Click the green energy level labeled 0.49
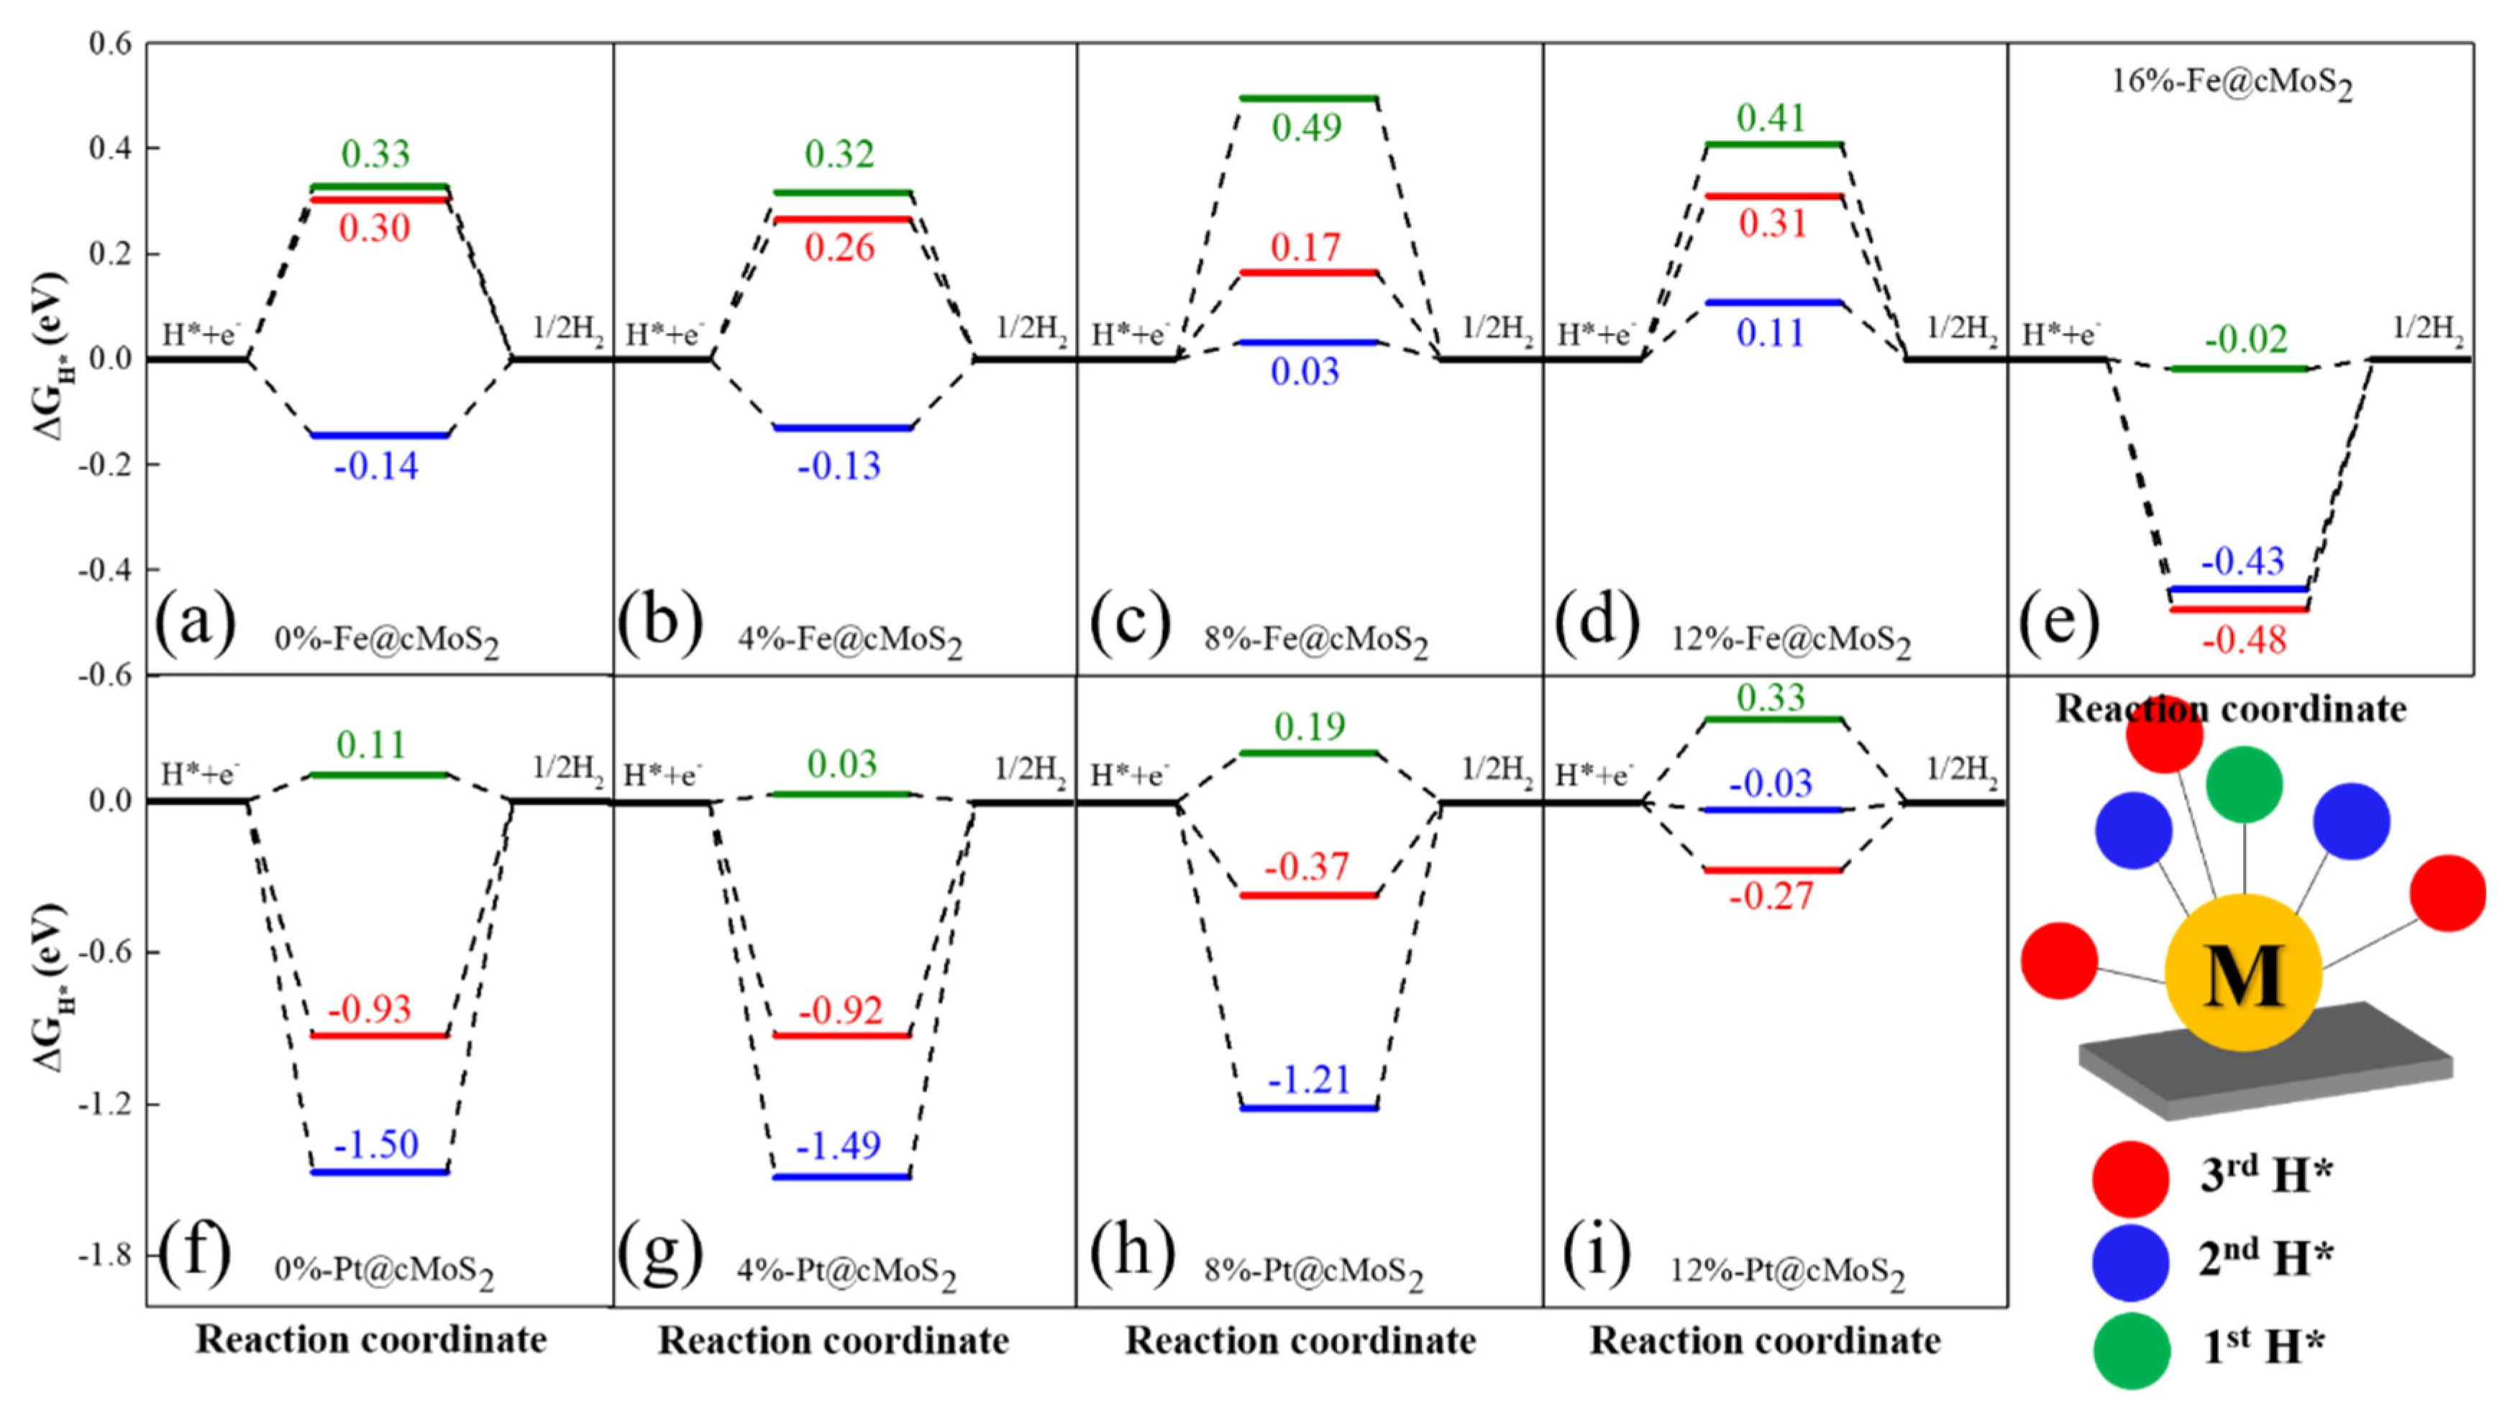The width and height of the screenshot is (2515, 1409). (x=1307, y=98)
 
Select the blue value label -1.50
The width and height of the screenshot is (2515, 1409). (x=376, y=1144)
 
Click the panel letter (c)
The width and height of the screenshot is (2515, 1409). (x=1131, y=621)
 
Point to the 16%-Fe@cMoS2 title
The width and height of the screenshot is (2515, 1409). (x=2232, y=83)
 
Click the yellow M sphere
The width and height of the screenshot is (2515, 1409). (x=2242, y=972)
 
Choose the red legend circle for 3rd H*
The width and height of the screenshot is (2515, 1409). (x=2130, y=1179)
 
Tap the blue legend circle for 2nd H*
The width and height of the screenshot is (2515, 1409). (x=2130, y=1262)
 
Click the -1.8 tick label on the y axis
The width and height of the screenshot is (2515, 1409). (x=106, y=1256)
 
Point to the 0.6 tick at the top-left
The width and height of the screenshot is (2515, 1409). (x=109, y=44)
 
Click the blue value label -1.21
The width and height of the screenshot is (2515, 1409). (x=1308, y=1080)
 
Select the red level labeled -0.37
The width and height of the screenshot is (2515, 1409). (x=1307, y=895)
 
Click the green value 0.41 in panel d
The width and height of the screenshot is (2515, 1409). (x=1771, y=118)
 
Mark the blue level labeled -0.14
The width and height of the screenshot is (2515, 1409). (x=379, y=435)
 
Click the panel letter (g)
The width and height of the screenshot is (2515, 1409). (x=661, y=1251)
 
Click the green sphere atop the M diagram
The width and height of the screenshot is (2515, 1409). (x=2244, y=784)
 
